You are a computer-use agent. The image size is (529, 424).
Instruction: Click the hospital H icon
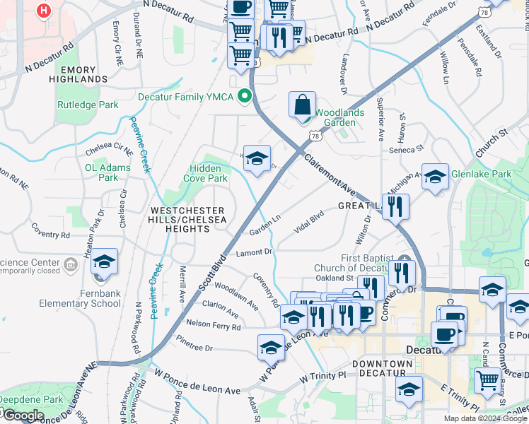45,11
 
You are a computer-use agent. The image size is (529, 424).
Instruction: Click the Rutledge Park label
88,105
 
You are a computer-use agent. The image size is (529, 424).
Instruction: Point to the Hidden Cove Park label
208,173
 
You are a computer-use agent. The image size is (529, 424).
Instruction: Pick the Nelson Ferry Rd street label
213,326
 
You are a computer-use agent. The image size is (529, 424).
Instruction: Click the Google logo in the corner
23,416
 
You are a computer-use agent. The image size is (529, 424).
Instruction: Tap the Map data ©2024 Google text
484,418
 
